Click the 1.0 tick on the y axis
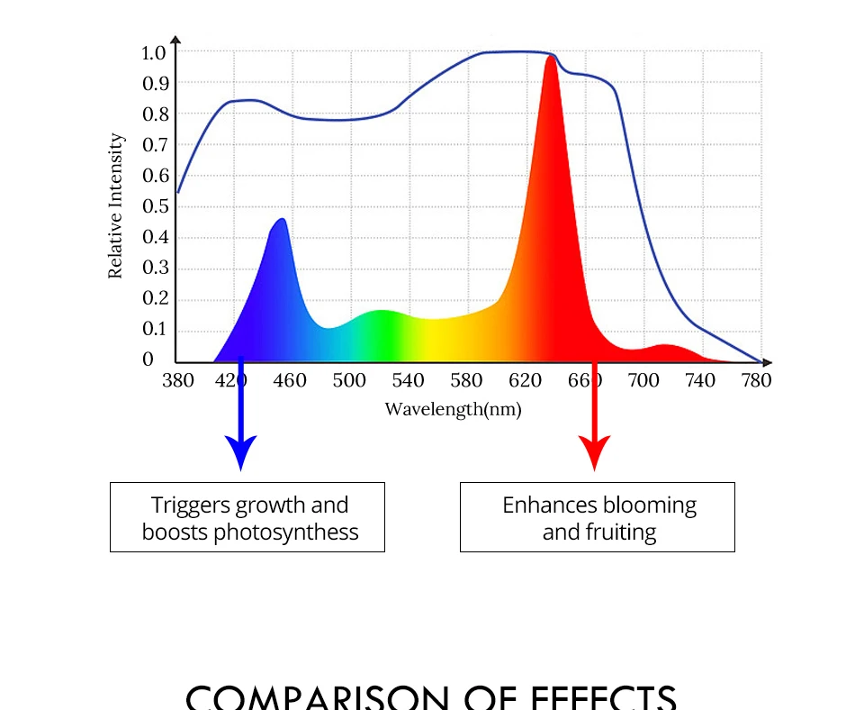click(154, 52)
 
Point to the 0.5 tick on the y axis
click(154, 206)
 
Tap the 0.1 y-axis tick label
click(154, 329)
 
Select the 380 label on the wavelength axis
click(177, 380)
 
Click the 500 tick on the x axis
click(349, 380)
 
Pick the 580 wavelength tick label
click(466, 380)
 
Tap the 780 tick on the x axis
click(757, 380)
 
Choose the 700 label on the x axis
click(643, 380)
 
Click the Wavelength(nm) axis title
click(453, 409)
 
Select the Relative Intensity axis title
click(116, 206)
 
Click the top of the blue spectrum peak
click(282, 219)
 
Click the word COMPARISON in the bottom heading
click(315, 697)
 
